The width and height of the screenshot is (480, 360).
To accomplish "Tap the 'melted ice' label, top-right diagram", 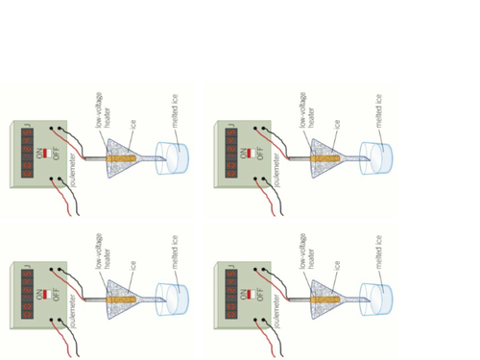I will click(379, 111).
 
